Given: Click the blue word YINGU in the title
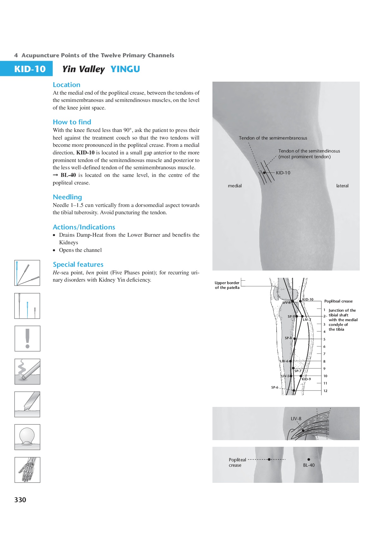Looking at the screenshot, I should [x=125, y=69].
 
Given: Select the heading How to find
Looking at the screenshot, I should [x=72, y=122].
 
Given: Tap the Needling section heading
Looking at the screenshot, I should [x=67, y=197].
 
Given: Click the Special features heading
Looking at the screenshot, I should [x=78, y=265].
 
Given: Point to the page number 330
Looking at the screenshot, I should [x=20, y=500].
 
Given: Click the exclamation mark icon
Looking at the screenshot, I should [x=28, y=339].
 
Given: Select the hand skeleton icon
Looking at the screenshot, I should [x=28, y=470].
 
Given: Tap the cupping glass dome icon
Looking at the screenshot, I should [x=28, y=437].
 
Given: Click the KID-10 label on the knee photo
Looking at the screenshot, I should [x=283, y=173].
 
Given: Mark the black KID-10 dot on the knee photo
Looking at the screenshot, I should [x=264, y=173].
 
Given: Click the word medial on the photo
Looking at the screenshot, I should [x=235, y=186].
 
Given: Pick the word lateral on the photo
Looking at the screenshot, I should [x=342, y=186].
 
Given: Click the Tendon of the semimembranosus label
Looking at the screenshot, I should [x=273, y=138].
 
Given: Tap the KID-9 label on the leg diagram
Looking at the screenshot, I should [x=306, y=379].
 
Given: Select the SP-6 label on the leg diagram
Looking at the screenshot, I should [x=275, y=387].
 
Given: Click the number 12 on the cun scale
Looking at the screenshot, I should [x=325, y=391].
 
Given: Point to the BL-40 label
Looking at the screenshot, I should [x=309, y=465].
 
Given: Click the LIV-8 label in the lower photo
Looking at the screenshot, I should [x=296, y=419].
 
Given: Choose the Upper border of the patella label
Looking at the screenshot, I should [x=227, y=285].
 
